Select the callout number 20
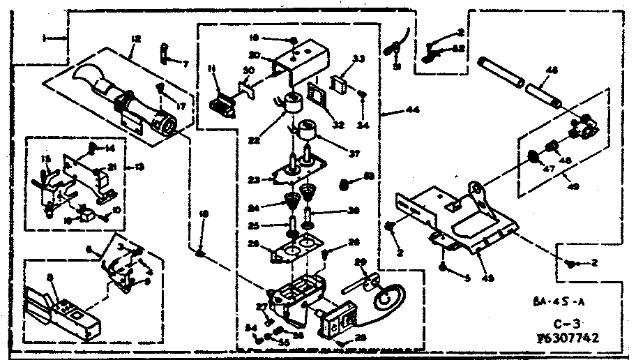click(255, 56)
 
